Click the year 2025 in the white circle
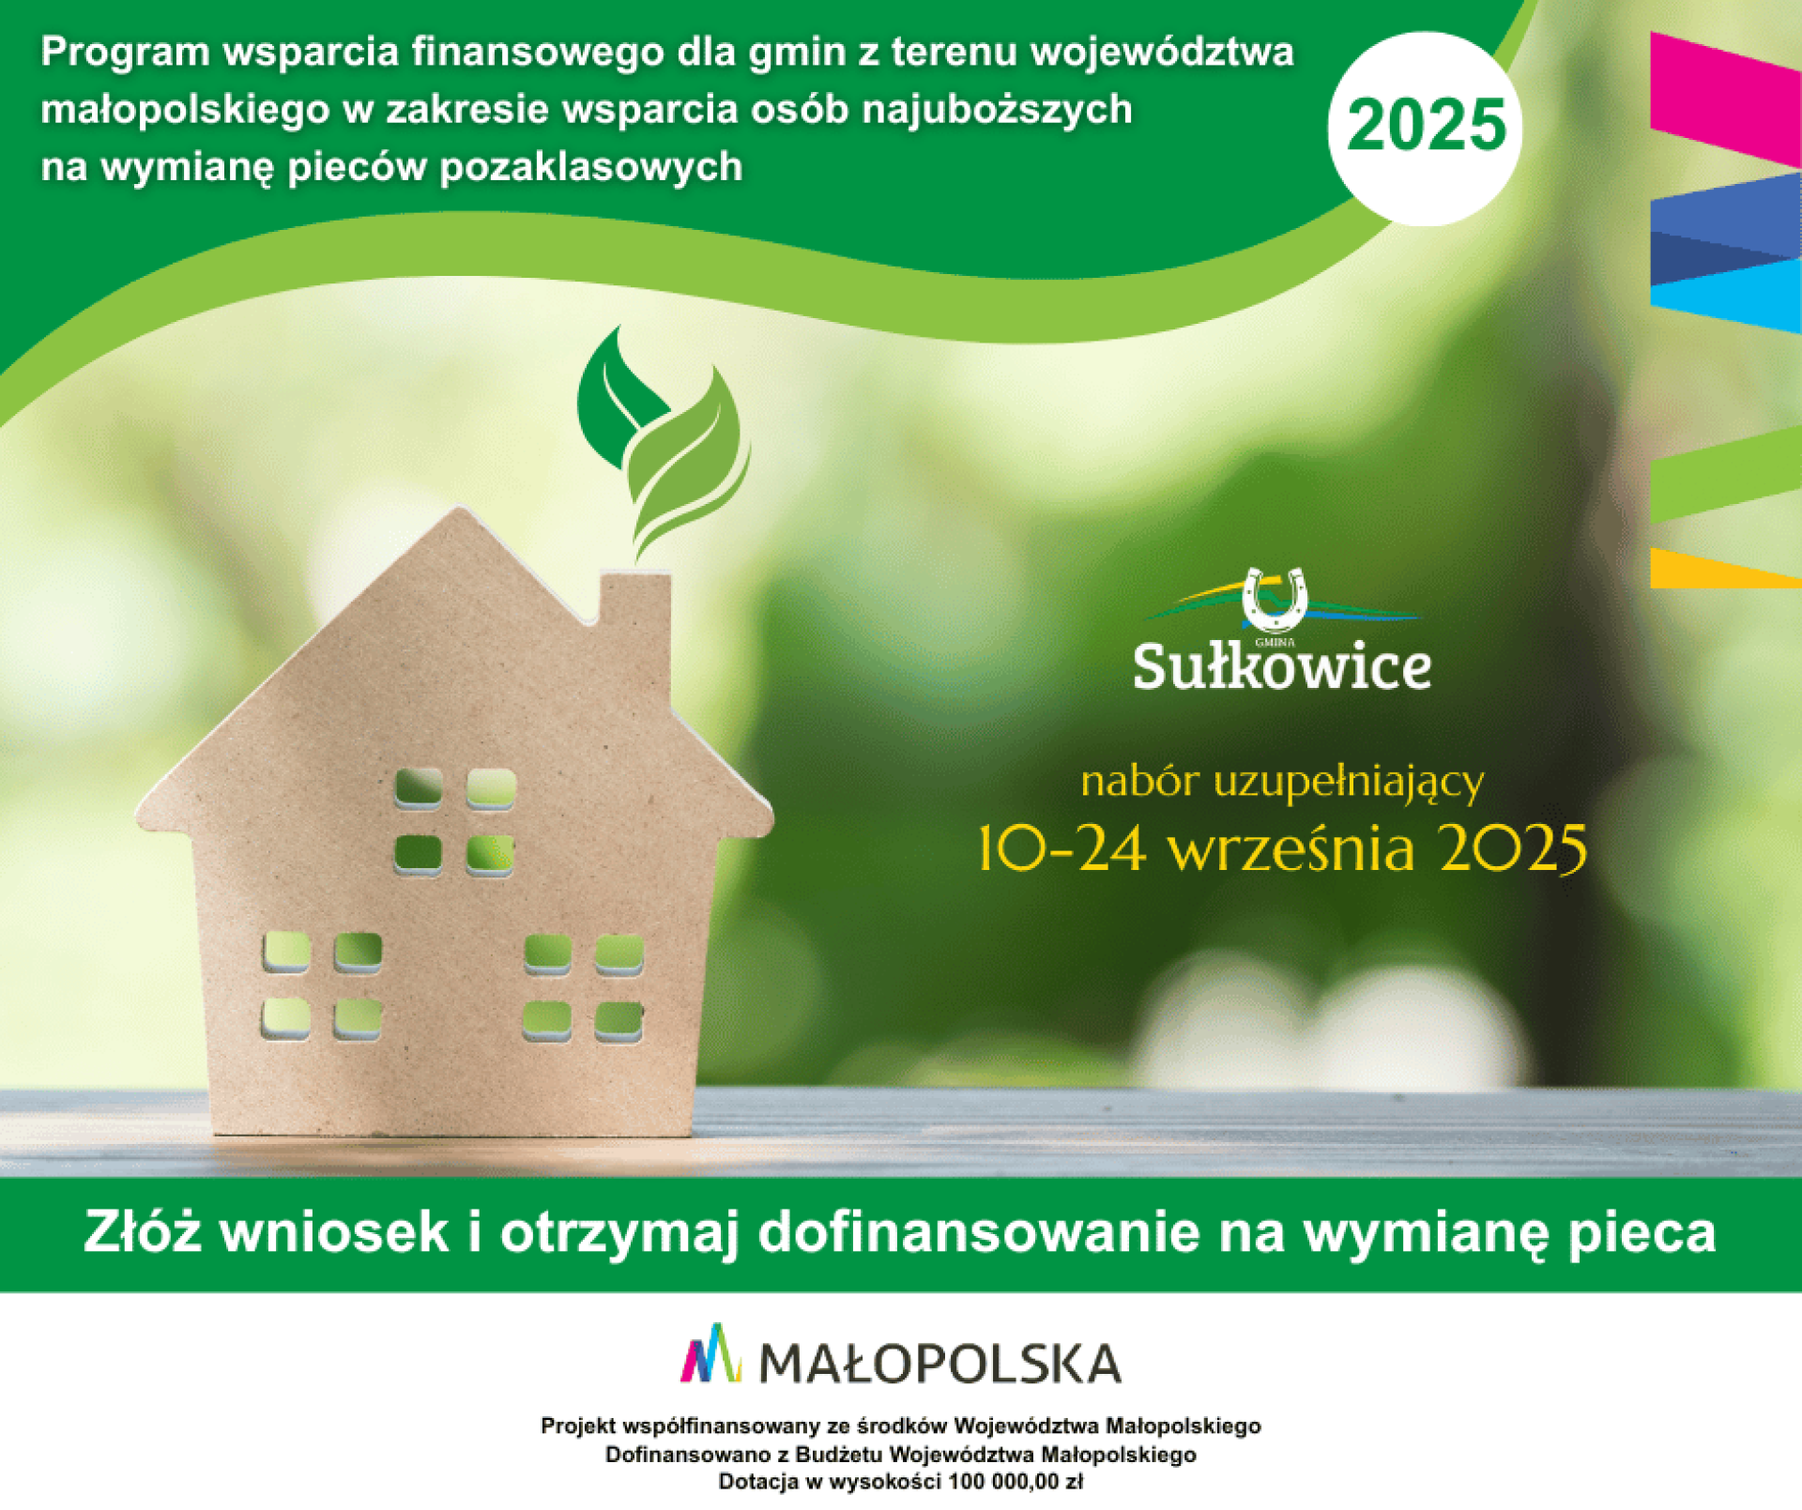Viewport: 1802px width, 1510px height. click(x=1426, y=126)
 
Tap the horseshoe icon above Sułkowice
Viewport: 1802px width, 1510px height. click(x=1274, y=598)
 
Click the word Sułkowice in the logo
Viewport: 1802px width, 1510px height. click(x=1282, y=666)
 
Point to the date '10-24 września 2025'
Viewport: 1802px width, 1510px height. click(x=1282, y=848)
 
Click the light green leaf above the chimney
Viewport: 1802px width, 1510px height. click(x=689, y=460)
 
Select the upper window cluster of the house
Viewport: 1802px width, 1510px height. click(x=455, y=822)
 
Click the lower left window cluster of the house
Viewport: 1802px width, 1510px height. click(x=322, y=984)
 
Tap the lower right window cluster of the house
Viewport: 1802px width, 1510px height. click(x=583, y=987)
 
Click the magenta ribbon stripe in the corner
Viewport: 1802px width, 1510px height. click(x=1726, y=99)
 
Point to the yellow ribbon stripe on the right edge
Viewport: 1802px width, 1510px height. click(x=1725, y=569)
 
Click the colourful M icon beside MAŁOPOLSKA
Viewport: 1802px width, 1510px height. click(x=710, y=1353)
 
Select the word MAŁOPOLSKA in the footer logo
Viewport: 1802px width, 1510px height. click(x=939, y=1364)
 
